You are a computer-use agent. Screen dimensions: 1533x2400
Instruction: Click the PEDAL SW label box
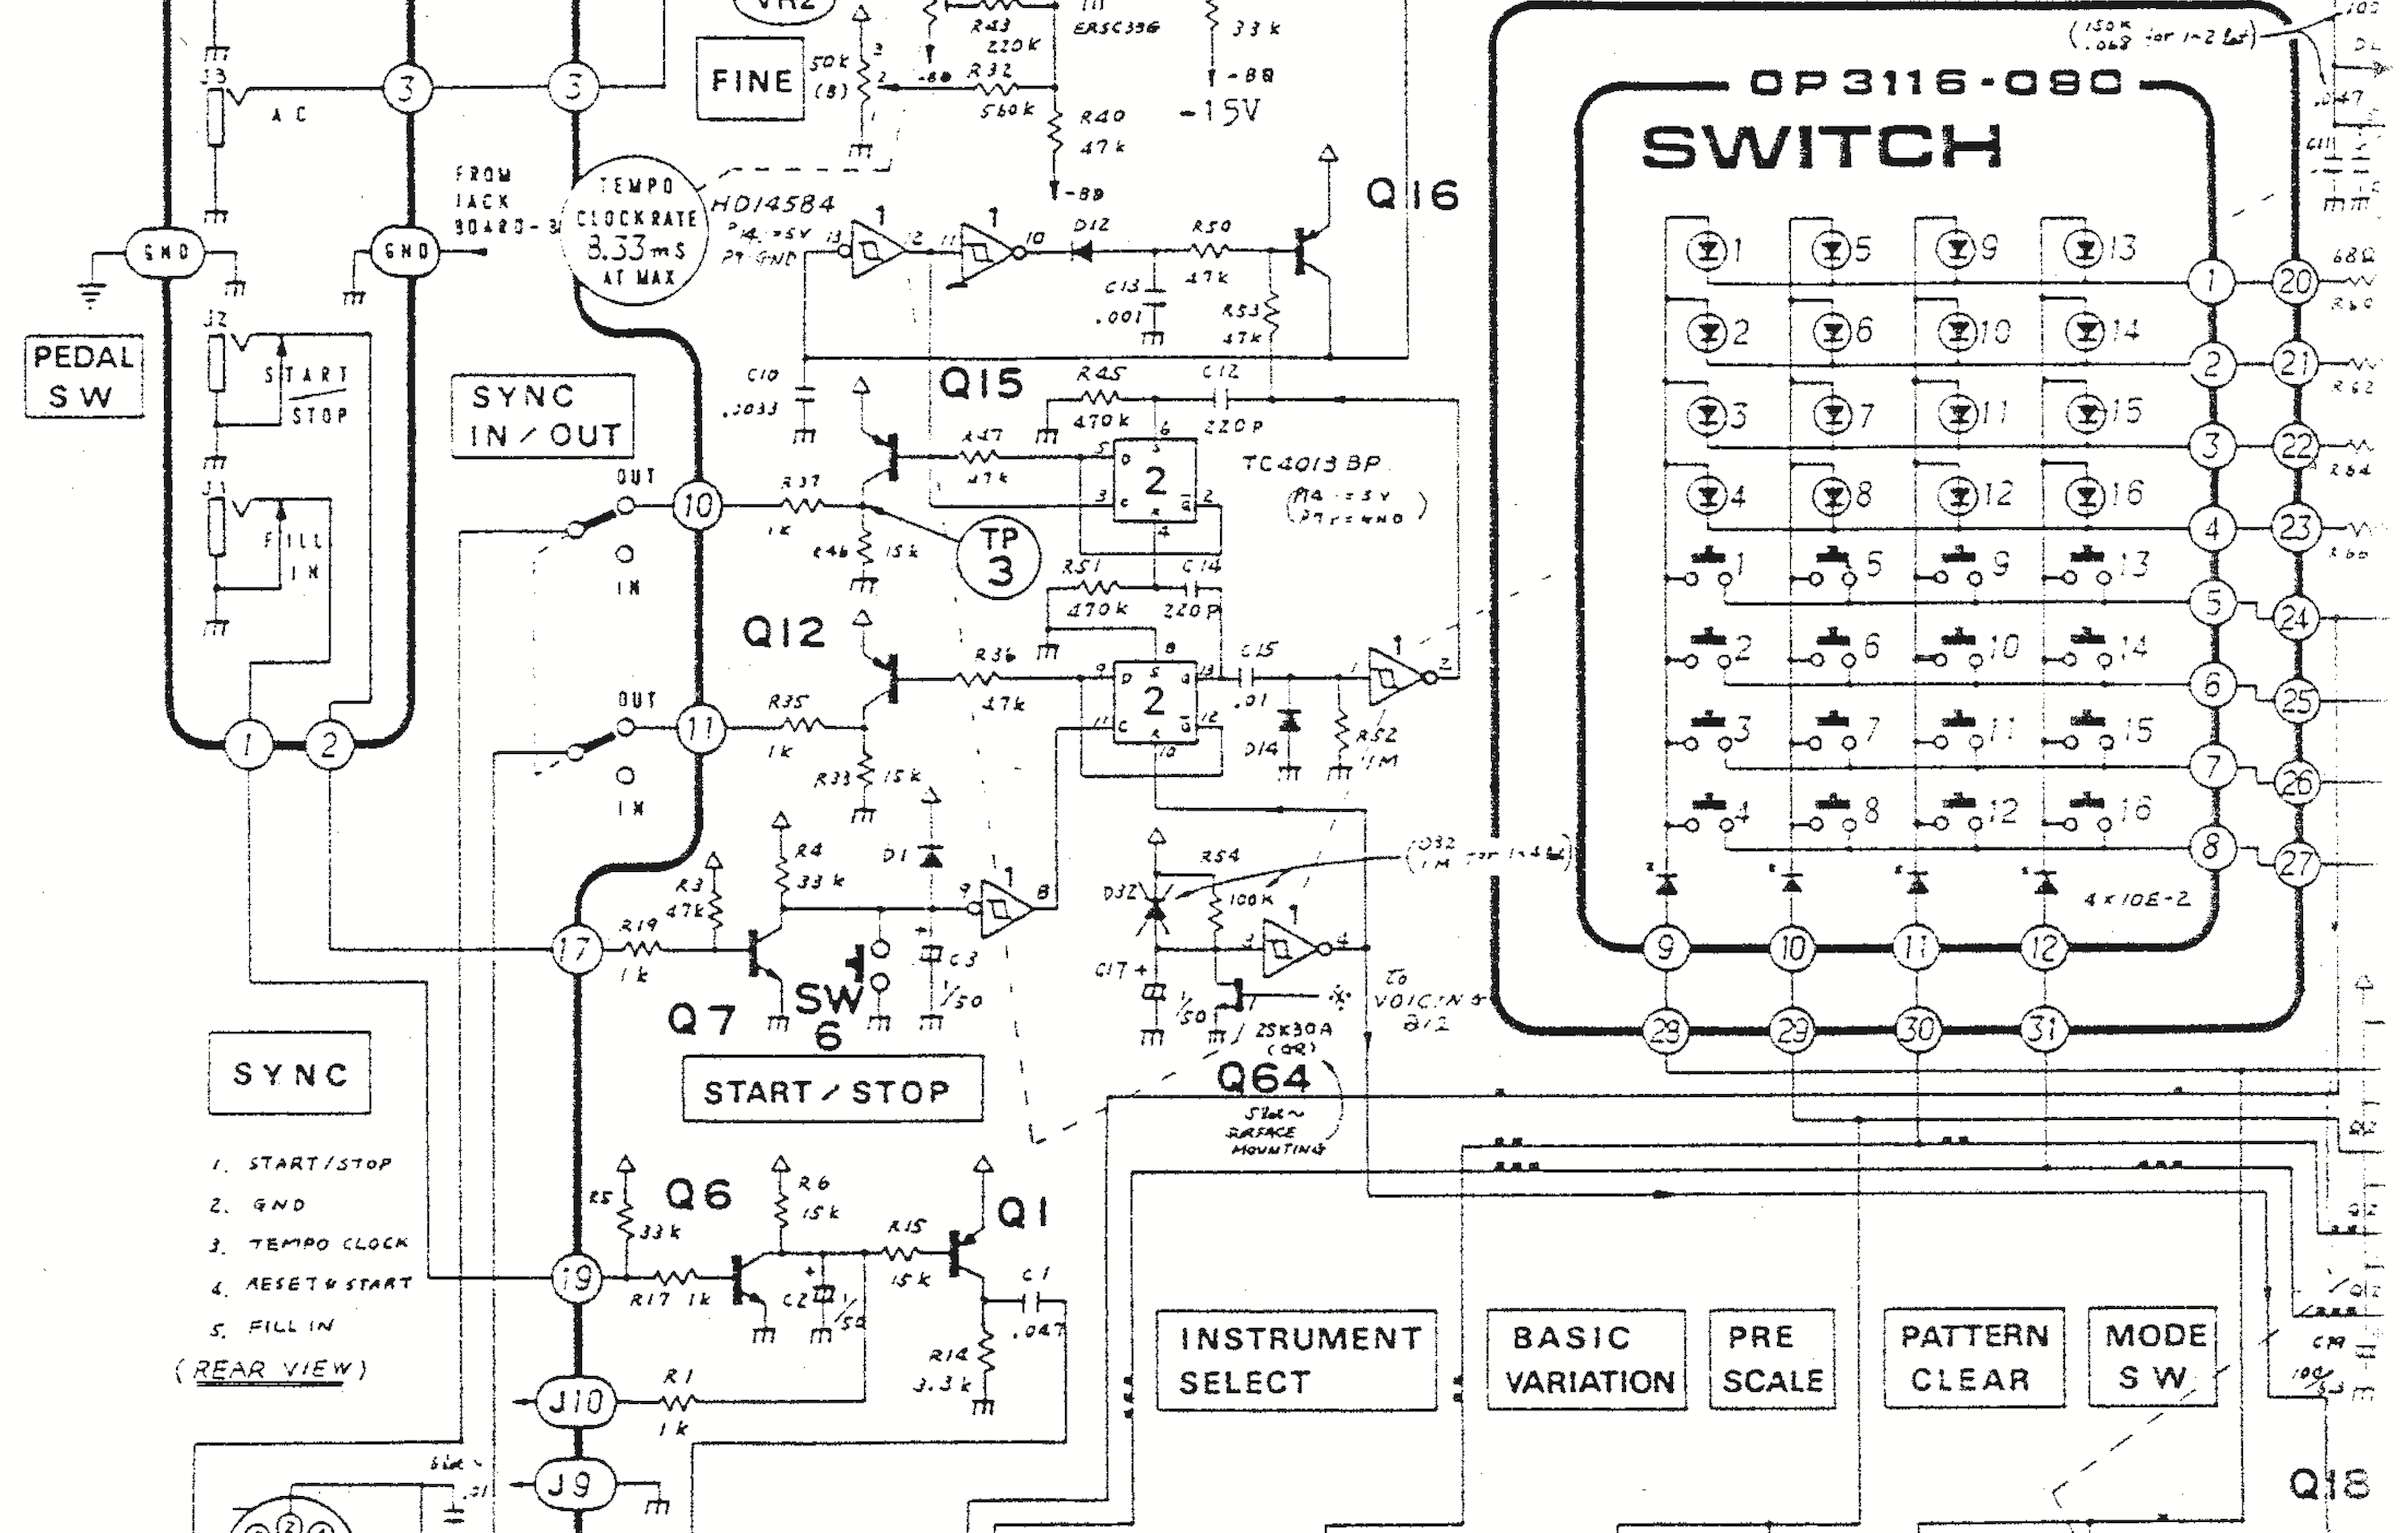pos(83,376)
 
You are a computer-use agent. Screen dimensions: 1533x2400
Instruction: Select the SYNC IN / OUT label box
pos(543,416)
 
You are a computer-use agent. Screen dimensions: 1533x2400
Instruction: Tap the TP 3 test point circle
pos(999,556)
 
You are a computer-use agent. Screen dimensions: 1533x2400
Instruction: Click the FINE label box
pos(750,80)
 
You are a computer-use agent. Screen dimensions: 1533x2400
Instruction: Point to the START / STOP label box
pos(831,1090)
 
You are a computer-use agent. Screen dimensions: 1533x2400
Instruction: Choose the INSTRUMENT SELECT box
pos(1296,1359)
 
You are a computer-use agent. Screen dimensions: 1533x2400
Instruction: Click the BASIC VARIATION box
pos(1586,1359)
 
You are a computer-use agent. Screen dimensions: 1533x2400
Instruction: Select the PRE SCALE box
pos(1772,1358)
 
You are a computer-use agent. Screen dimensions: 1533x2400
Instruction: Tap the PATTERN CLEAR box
pos(1974,1357)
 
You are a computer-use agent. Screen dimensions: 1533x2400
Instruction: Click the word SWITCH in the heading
pos(1822,148)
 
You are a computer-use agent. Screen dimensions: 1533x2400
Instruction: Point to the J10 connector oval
pos(575,1400)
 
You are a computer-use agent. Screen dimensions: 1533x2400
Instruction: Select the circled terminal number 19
pos(577,1277)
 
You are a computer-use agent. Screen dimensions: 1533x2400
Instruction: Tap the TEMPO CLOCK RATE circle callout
pos(636,231)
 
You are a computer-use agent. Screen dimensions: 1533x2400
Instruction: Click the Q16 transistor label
pos(1412,195)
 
